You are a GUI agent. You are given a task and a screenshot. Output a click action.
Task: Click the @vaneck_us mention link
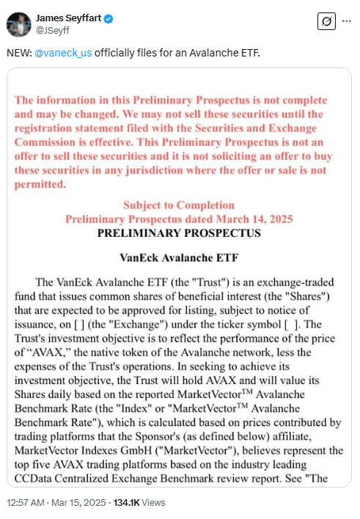point(64,54)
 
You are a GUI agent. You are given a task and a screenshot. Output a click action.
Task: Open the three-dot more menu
point(345,22)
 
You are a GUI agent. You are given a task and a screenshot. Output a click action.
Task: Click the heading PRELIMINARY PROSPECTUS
point(178,234)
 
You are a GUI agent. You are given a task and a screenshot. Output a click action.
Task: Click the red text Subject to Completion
point(179,205)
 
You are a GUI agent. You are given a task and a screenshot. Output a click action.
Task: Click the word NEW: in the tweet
point(20,54)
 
